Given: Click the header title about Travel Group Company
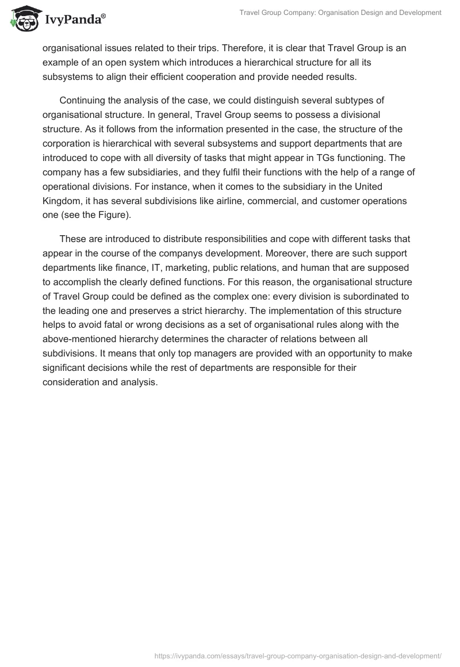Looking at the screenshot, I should tap(340, 12).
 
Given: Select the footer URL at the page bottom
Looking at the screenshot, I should tap(298, 655).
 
